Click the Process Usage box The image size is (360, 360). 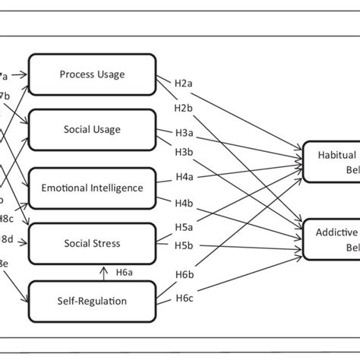coord(92,74)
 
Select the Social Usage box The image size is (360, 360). coord(92,129)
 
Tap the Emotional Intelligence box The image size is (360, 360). coord(92,188)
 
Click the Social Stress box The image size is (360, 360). coord(92,244)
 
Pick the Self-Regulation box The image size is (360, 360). coord(92,301)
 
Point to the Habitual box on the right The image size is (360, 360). coord(331,161)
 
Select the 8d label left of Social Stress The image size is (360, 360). coord(6,239)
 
